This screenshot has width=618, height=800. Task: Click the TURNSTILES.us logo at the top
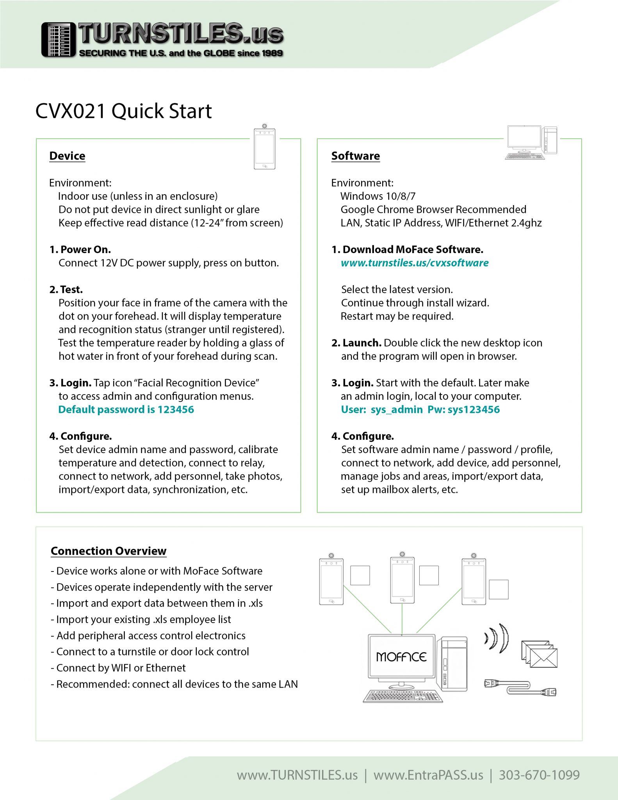[162, 39]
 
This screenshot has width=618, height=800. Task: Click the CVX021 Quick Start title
[123, 111]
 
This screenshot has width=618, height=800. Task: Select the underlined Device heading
[67, 156]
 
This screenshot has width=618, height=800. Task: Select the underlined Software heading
[355, 156]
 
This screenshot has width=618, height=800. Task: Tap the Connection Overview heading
[109, 551]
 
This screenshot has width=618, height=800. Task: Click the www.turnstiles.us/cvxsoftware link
[414, 263]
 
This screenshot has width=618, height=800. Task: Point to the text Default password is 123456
[126, 409]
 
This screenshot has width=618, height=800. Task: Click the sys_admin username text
[397, 409]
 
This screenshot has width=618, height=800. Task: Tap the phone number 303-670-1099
[539, 775]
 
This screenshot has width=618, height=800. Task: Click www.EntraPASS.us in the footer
[428, 775]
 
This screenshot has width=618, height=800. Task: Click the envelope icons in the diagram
[539, 654]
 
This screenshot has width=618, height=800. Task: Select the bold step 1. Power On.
[80, 250]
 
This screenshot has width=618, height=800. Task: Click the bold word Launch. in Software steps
[362, 343]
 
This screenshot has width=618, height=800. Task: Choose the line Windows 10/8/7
[378, 196]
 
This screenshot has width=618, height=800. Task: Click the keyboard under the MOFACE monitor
[403, 696]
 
